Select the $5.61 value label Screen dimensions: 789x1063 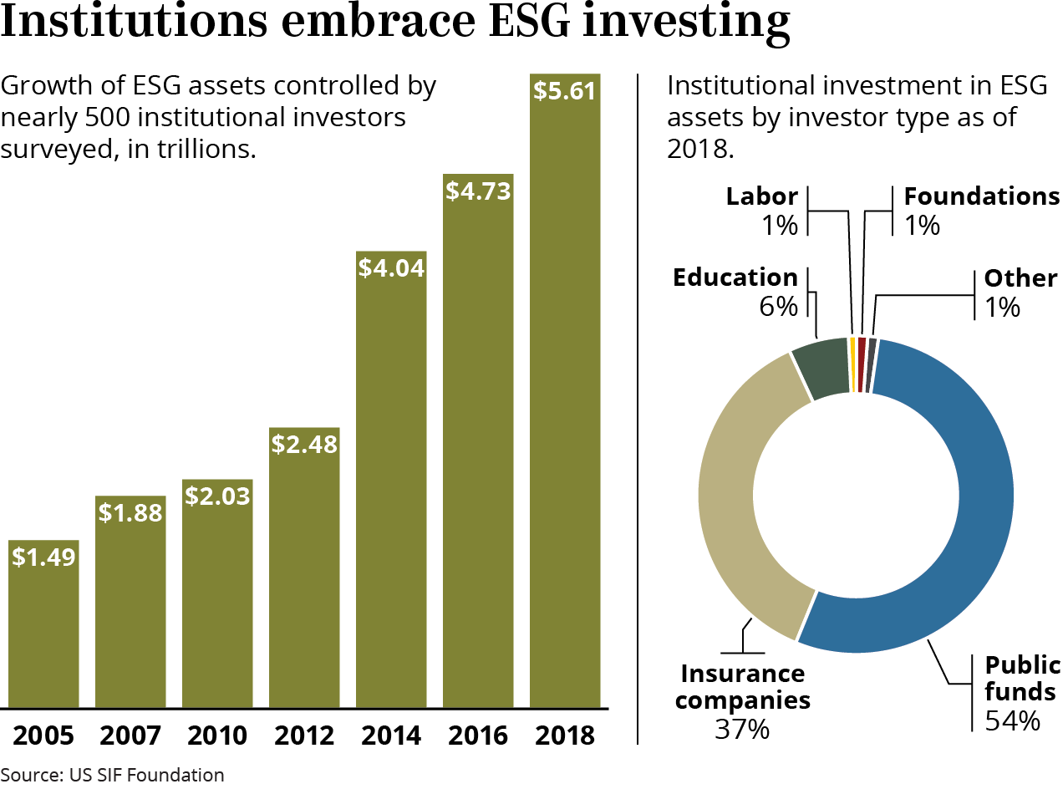(x=565, y=90)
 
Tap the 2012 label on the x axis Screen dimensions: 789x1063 (x=304, y=736)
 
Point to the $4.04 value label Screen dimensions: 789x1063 (x=391, y=268)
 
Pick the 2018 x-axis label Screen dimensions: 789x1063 (x=565, y=736)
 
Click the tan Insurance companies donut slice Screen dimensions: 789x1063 (x=735, y=501)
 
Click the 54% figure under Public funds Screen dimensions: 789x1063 (x=1013, y=720)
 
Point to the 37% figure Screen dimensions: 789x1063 (x=742, y=729)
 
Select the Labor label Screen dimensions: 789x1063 (x=761, y=196)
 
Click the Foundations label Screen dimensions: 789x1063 (x=982, y=196)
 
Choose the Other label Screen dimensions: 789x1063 (x=1020, y=277)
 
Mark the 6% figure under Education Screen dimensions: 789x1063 (x=779, y=307)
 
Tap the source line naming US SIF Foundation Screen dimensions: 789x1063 (x=112, y=775)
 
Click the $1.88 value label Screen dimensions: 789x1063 (x=130, y=513)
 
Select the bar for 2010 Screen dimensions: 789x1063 (x=217, y=602)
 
